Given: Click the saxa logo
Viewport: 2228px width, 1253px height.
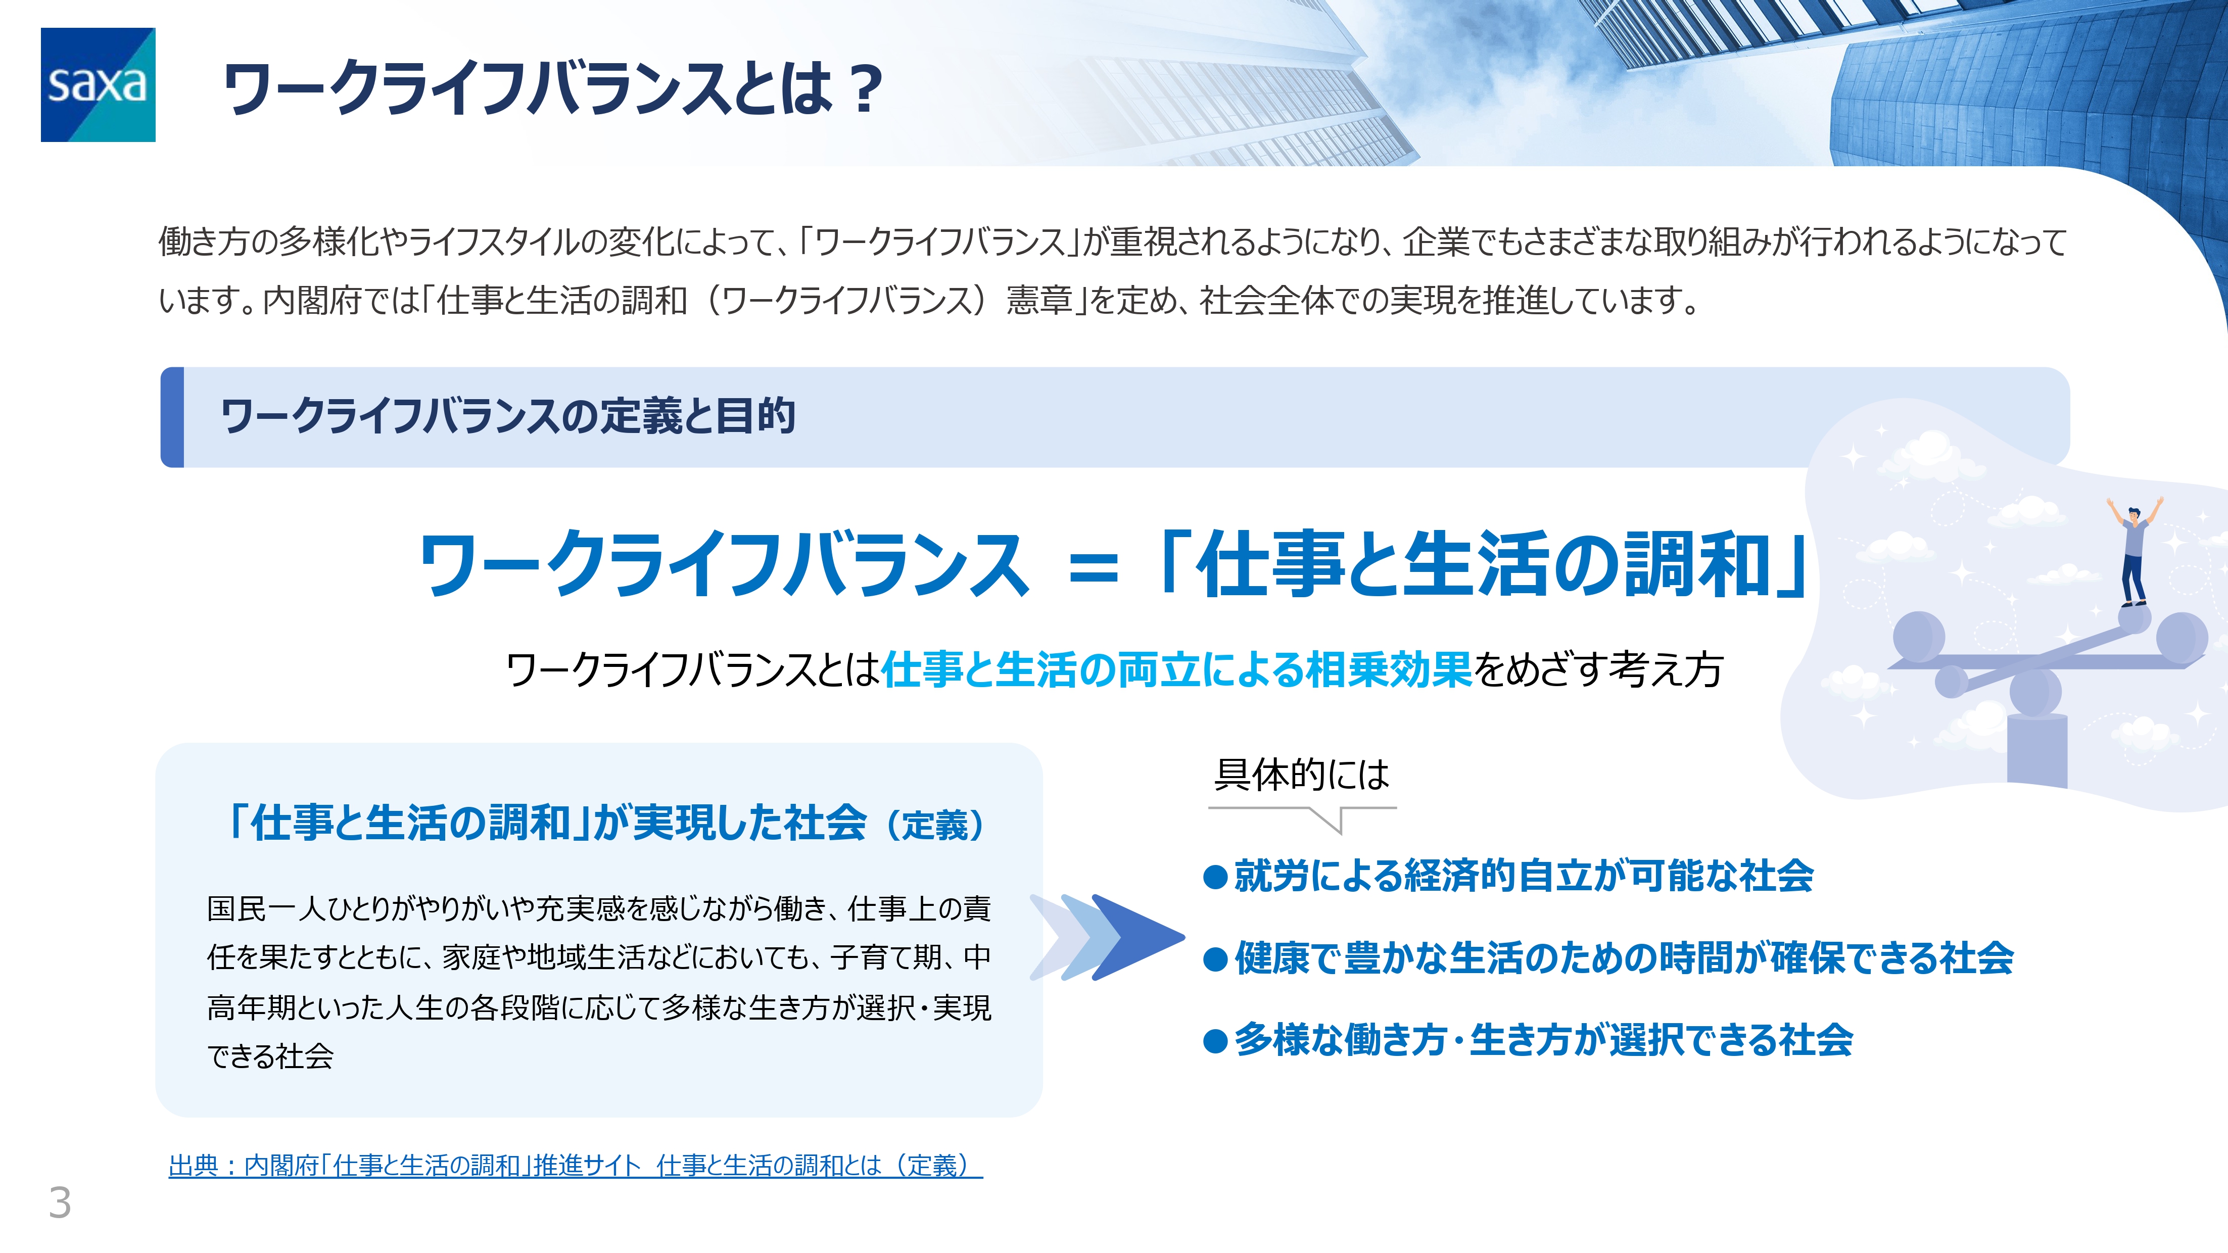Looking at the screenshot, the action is click(98, 85).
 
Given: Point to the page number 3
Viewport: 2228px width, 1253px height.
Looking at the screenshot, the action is click(60, 1202).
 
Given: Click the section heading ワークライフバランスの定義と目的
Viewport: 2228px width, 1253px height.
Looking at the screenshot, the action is click(508, 416).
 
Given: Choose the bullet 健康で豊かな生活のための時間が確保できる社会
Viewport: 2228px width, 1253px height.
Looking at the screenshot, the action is click(1609, 958).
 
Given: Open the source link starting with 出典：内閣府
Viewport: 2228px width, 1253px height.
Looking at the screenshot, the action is click(575, 1166).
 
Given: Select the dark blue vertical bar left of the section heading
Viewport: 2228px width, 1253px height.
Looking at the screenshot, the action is click(173, 417).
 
